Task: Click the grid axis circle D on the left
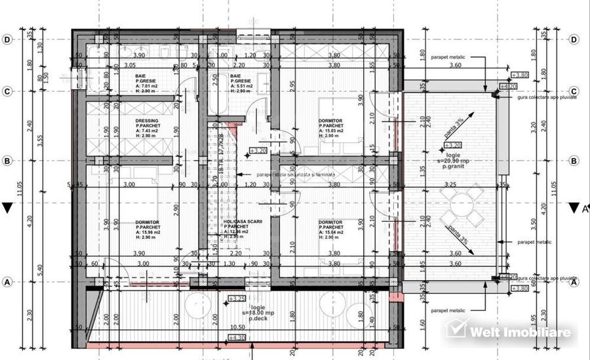coord(8,39)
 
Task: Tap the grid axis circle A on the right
coord(574,283)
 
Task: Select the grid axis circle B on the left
coord(8,161)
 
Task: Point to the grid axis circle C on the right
coord(574,91)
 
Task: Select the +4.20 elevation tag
coord(509,86)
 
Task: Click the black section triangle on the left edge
coord(7,209)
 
